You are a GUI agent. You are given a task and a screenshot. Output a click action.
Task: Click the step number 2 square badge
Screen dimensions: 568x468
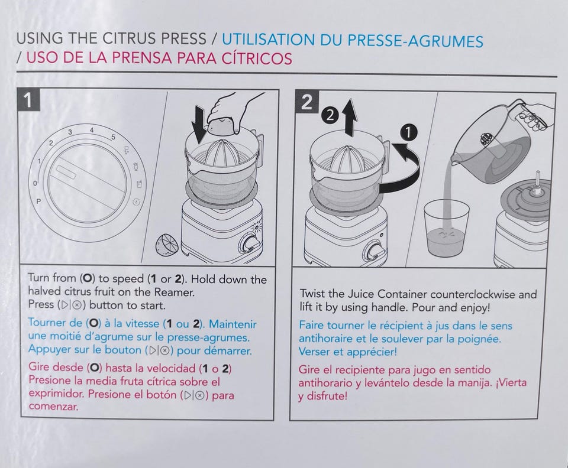click(x=306, y=103)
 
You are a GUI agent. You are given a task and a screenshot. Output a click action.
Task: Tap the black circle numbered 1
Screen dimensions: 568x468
click(x=409, y=133)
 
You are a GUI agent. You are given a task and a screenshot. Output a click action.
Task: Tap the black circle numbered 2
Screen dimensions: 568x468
click(x=330, y=116)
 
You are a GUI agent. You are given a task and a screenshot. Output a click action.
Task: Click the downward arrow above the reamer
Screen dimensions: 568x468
click(x=199, y=123)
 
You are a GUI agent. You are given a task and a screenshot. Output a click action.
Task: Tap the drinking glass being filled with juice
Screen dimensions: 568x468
click(x=446, y=227)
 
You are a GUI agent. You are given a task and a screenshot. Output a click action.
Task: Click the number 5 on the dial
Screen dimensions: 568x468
click(x=114, y=137)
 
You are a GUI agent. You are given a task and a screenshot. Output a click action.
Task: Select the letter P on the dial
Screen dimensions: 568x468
click(x=38, y=201)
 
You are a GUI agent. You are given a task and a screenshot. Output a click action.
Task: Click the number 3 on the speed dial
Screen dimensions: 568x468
click(x=70, y=132)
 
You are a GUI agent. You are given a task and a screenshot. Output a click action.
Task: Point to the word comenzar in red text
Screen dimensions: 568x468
click(x=53, y=407)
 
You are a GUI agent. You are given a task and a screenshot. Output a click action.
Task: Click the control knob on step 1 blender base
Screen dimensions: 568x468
click(x=251, y=243)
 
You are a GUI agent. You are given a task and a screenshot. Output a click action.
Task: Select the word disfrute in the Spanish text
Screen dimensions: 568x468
click(x=325, y=396)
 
